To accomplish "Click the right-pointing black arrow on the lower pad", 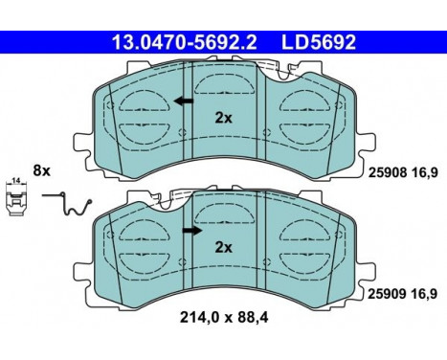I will coord(192,230).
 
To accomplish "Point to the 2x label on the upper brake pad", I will coord(223,120).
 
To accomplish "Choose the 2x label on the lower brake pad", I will coord(223,247).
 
